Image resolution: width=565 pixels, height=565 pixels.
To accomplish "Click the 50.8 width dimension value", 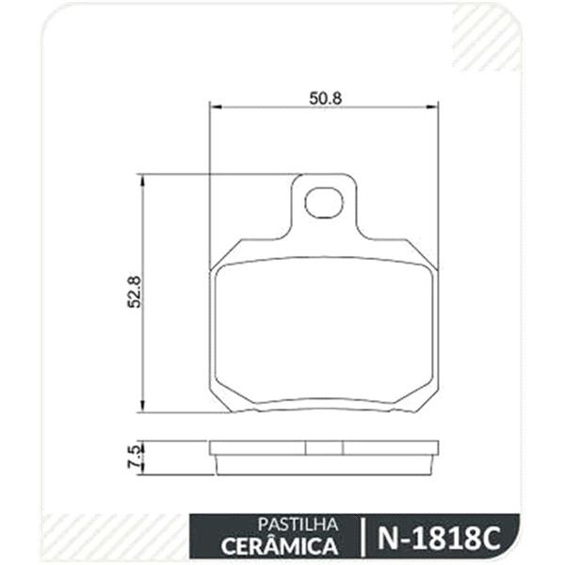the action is pos(325,98).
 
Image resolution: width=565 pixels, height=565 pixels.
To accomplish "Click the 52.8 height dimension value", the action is pos(135,292).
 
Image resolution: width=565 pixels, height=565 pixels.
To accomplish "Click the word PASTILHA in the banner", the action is pos(298,525).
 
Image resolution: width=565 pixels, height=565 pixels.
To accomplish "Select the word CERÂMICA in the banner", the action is pos(280,546).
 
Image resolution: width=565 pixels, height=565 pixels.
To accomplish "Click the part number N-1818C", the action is pos(439,539).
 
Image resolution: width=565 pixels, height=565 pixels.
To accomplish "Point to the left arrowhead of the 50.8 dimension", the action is pos(215,106).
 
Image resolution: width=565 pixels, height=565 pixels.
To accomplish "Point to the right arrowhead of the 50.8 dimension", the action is pos(432,106).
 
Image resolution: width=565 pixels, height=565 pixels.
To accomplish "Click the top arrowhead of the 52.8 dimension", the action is pos(143,180).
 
